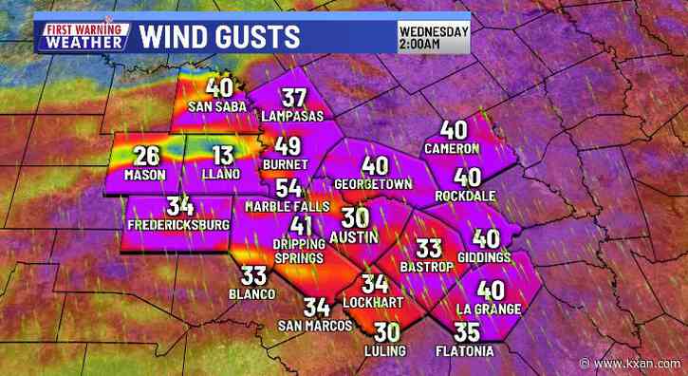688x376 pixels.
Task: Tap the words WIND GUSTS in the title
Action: (x=220, y=36)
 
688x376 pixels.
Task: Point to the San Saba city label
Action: (x=212, y=105)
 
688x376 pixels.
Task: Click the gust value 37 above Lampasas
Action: (x=293, y=98)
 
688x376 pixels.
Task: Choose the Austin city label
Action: (x=353, y=234)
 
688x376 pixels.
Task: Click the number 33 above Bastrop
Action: (x=430, y=248)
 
